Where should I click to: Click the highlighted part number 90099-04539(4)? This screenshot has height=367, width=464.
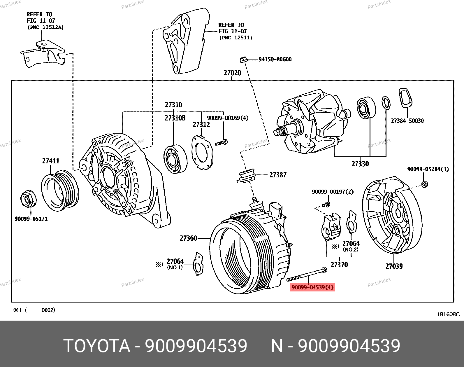point(312,287)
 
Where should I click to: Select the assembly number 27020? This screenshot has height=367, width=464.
point(232,73)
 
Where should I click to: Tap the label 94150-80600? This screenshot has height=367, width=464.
point(275,60)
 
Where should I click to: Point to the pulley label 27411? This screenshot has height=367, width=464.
point(51,161)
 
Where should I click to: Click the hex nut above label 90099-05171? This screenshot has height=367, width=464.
point(28,199)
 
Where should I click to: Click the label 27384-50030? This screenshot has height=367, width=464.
point(407,121)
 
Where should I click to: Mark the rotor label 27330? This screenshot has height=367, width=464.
point(360,164)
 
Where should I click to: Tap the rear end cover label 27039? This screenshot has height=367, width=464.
point(394,266)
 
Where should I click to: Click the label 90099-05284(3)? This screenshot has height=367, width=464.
point(428,169)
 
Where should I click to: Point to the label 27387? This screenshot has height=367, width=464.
point(278,175)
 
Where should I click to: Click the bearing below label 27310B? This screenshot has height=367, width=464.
point(175,159)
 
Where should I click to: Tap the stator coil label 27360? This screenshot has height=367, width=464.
point(188,238)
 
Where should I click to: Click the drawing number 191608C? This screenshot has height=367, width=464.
point(448,314)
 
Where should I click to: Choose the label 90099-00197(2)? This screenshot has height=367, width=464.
point(333,192)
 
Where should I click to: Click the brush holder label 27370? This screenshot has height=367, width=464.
point(339,265)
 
